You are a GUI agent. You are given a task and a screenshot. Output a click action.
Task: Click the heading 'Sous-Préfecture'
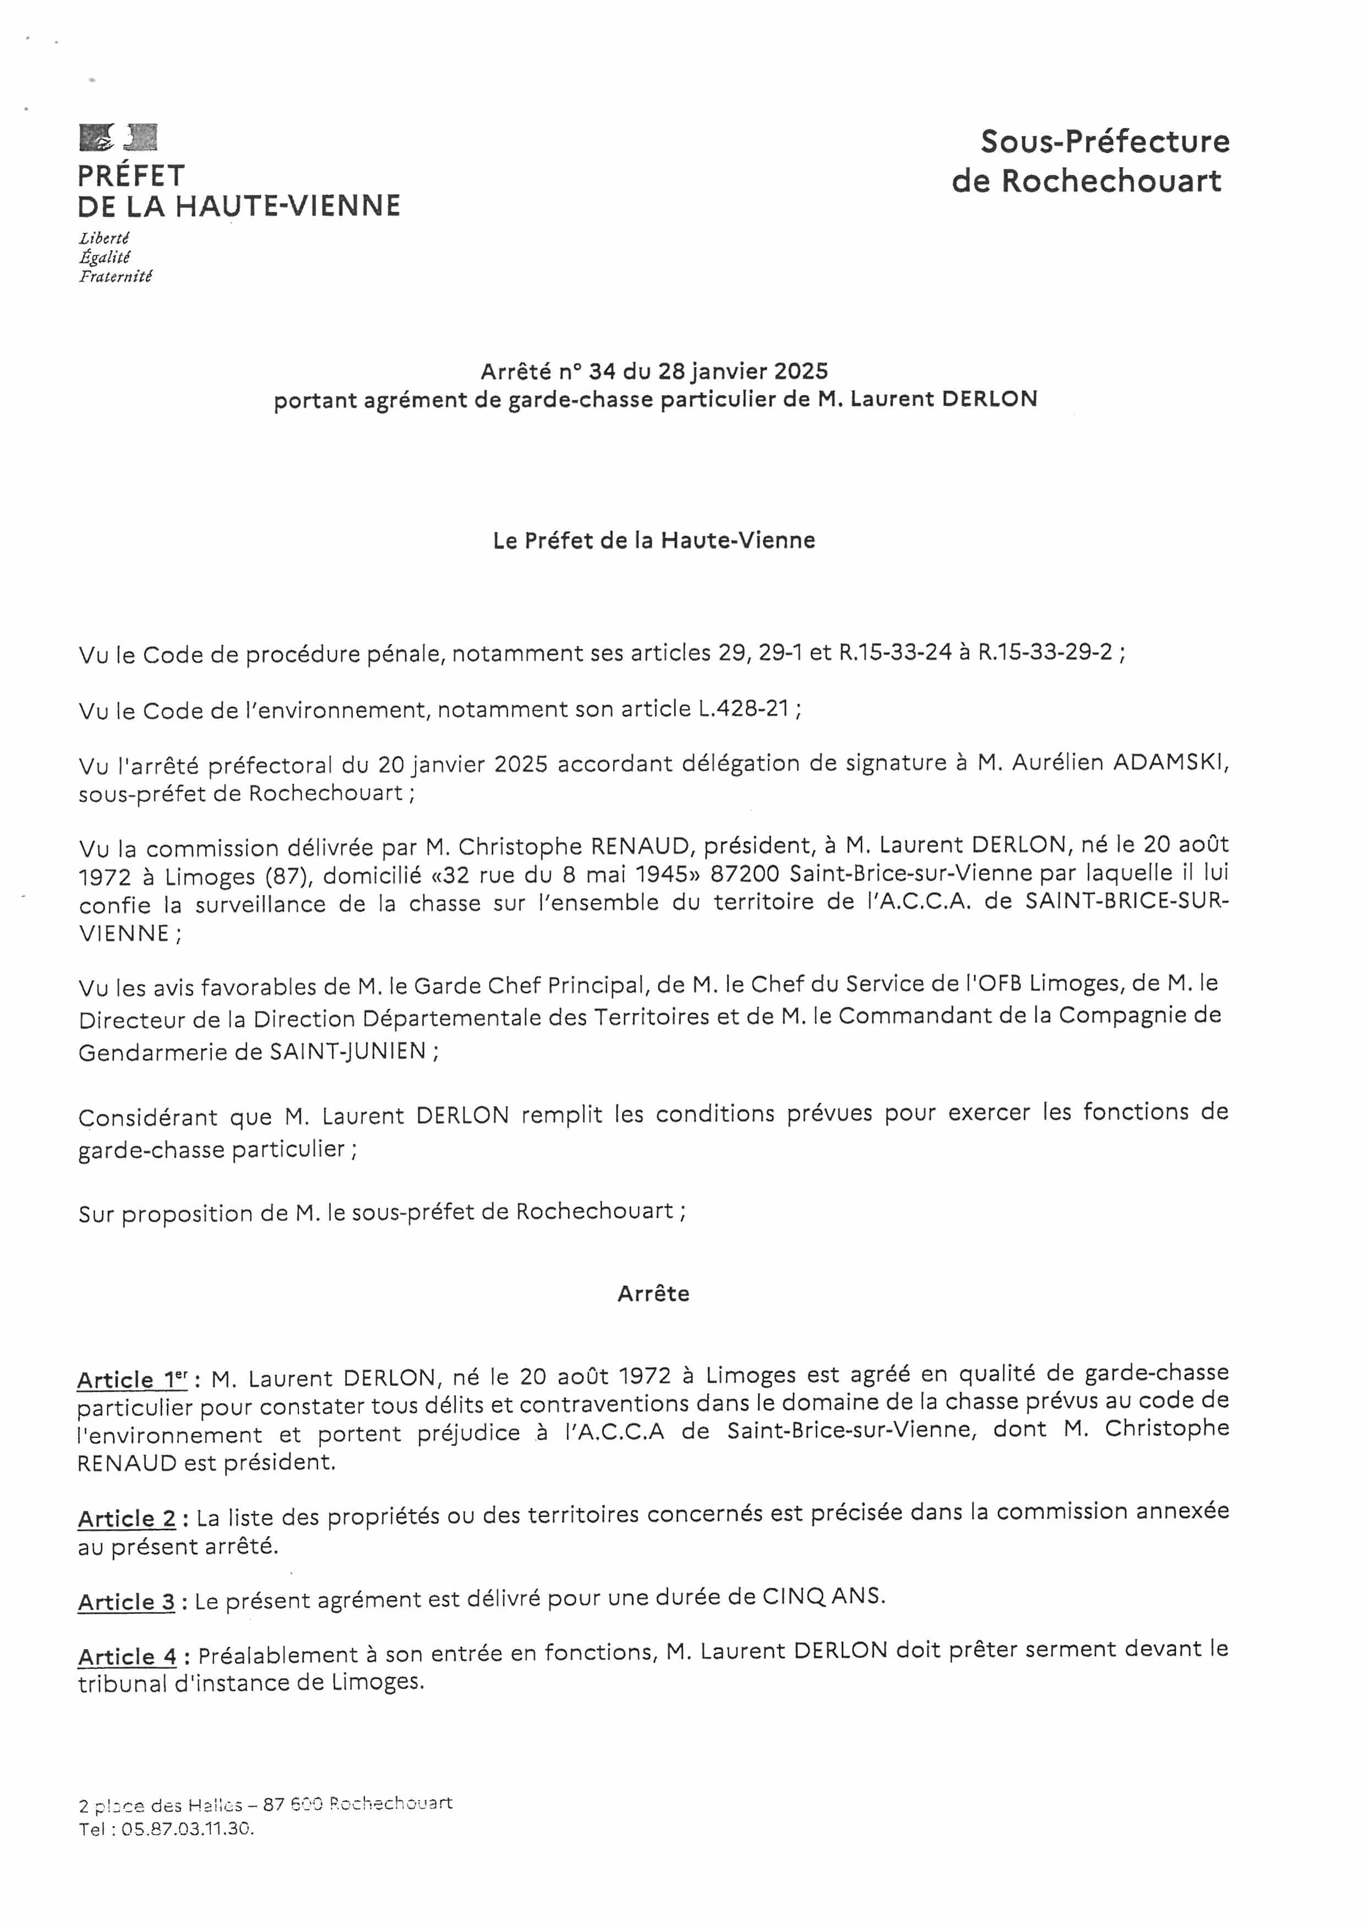tap(1105, 142)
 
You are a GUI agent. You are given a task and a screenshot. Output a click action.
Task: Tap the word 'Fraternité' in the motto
tap(115, 277)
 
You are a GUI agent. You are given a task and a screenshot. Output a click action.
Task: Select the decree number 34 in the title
tap(602, 371)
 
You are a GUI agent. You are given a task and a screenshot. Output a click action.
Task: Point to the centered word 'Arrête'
tap(653, 1293)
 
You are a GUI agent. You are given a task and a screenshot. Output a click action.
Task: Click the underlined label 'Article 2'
tap(127, 1518)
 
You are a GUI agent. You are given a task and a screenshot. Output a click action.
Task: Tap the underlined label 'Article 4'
tap(127, 1656)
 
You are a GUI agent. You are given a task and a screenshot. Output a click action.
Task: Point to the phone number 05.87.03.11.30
tap(187, 1829)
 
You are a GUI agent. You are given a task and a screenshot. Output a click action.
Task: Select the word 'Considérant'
tap(148, 1117)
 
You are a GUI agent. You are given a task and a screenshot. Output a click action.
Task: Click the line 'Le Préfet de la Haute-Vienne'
tap(654, 540)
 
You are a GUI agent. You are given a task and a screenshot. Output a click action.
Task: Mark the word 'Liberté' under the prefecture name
tap(104, 239)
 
